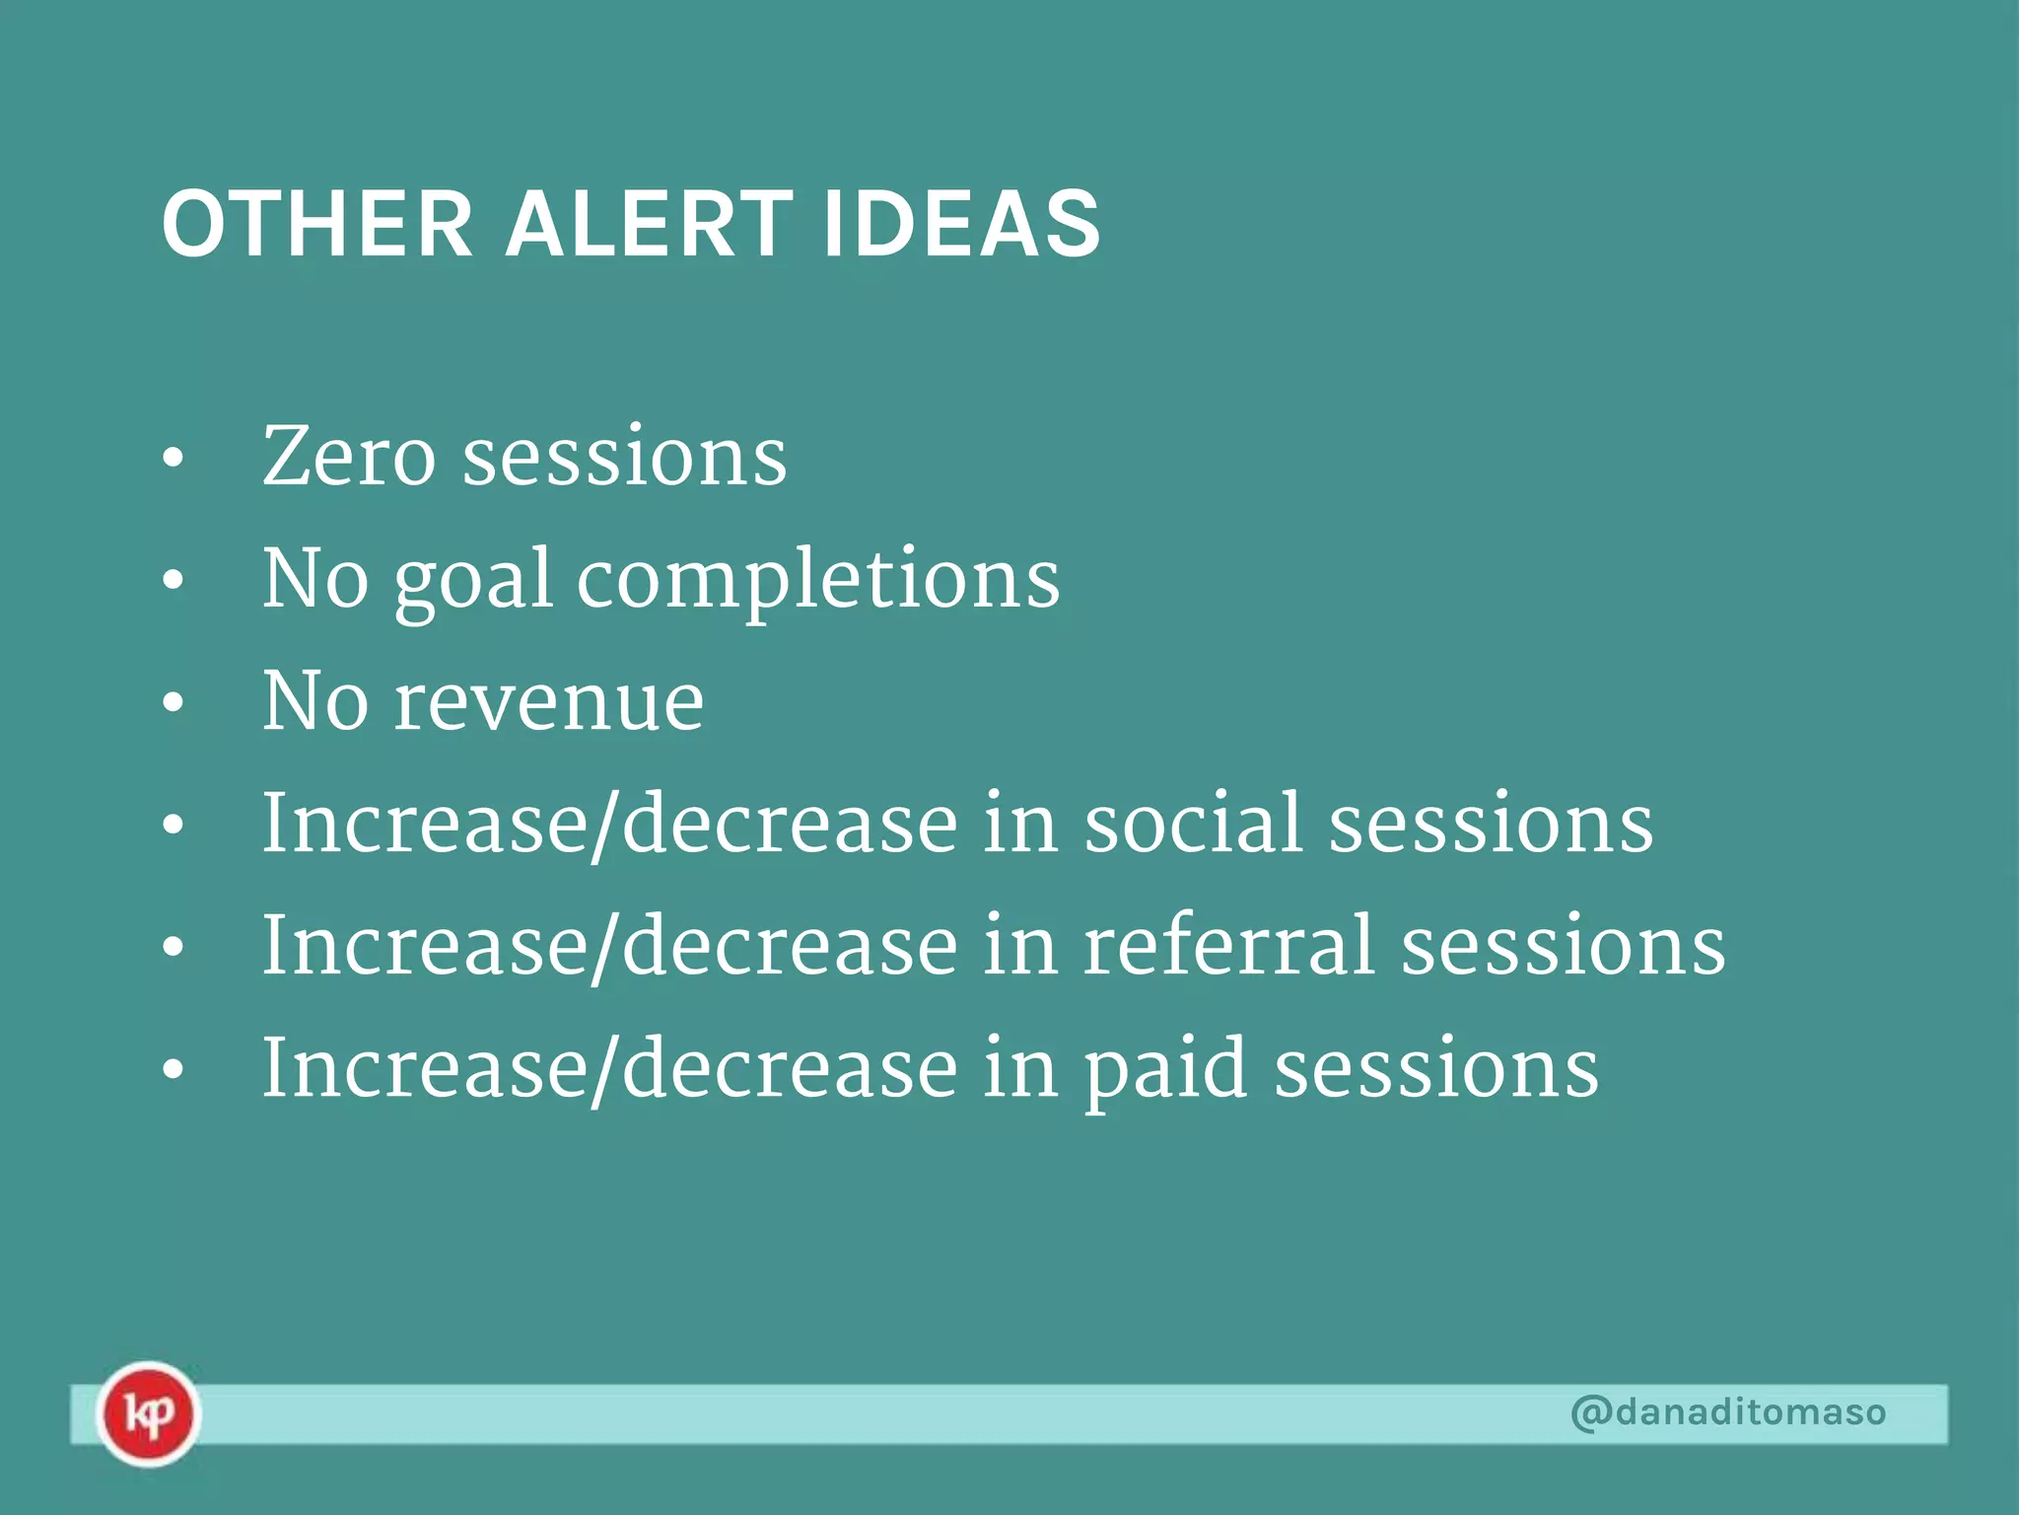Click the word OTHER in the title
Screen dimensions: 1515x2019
coord(317,225)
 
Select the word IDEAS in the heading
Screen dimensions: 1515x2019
coord(961,225)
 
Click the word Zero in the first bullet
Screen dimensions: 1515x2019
coord(349,457)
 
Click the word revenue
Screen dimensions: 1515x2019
coord(549,702)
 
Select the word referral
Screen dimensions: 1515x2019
coord(1228,946)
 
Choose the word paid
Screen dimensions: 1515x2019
coord(1165,1071)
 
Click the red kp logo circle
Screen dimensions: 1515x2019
coord(148,1413)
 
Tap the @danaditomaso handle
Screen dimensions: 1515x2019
coord(1727,1411)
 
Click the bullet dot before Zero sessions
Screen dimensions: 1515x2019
coord(174,460)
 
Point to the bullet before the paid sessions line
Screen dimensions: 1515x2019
coord(174,1071)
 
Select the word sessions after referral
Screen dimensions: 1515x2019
coord(1563,946)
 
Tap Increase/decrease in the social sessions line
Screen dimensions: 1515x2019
coord(609,824)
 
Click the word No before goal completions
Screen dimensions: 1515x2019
coord(315,580)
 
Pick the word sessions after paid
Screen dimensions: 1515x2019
coord(1436,1069)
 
